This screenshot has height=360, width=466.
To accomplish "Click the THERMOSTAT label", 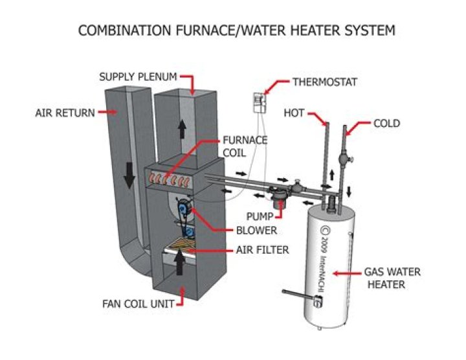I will [x=325, y=82].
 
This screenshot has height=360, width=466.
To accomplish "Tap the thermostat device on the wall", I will [x=260, y=102].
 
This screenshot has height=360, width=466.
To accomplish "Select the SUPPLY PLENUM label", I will [x=138, y=76].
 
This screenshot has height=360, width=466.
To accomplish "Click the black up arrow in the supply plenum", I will [x=182, y=128].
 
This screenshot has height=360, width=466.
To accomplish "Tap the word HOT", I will [x=294, y=113].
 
